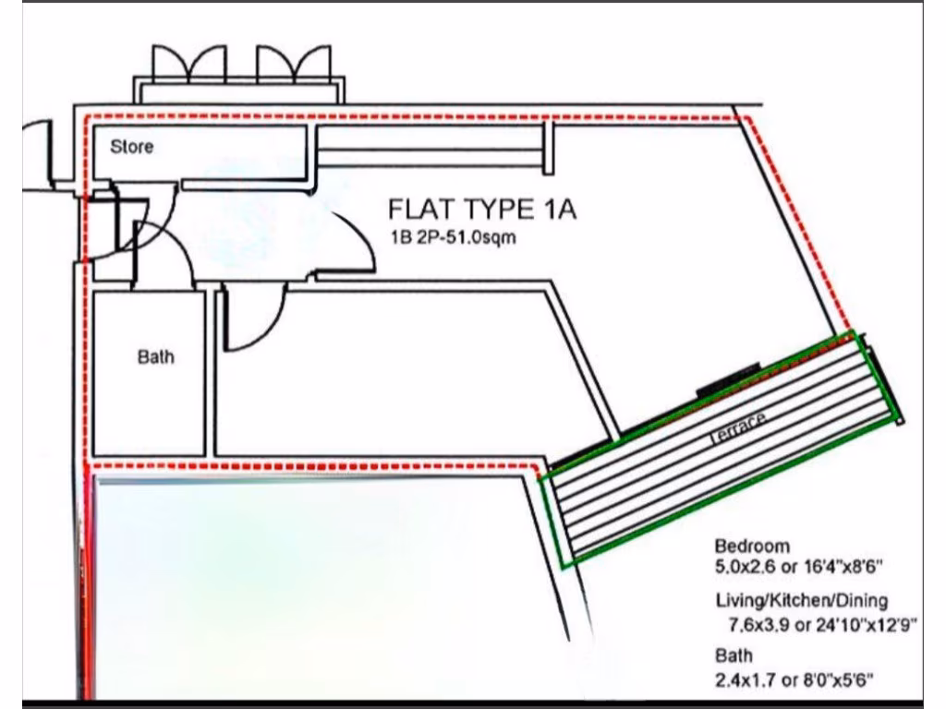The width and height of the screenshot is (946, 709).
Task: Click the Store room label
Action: click(132, 147)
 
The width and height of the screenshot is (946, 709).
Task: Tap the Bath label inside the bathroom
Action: click(155, 357)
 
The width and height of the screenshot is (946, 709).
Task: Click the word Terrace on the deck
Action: click(738, 429)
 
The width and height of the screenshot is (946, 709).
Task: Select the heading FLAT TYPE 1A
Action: click(482, 210)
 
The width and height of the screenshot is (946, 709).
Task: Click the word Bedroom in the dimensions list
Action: click(752, 546)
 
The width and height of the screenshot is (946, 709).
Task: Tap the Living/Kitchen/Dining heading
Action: click(802, 600)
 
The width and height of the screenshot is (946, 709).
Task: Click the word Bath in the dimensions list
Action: click(734, 656)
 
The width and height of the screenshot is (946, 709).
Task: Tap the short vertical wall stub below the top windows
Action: click(548, 148)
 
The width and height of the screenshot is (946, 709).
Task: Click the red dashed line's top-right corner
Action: click(746, 118)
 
